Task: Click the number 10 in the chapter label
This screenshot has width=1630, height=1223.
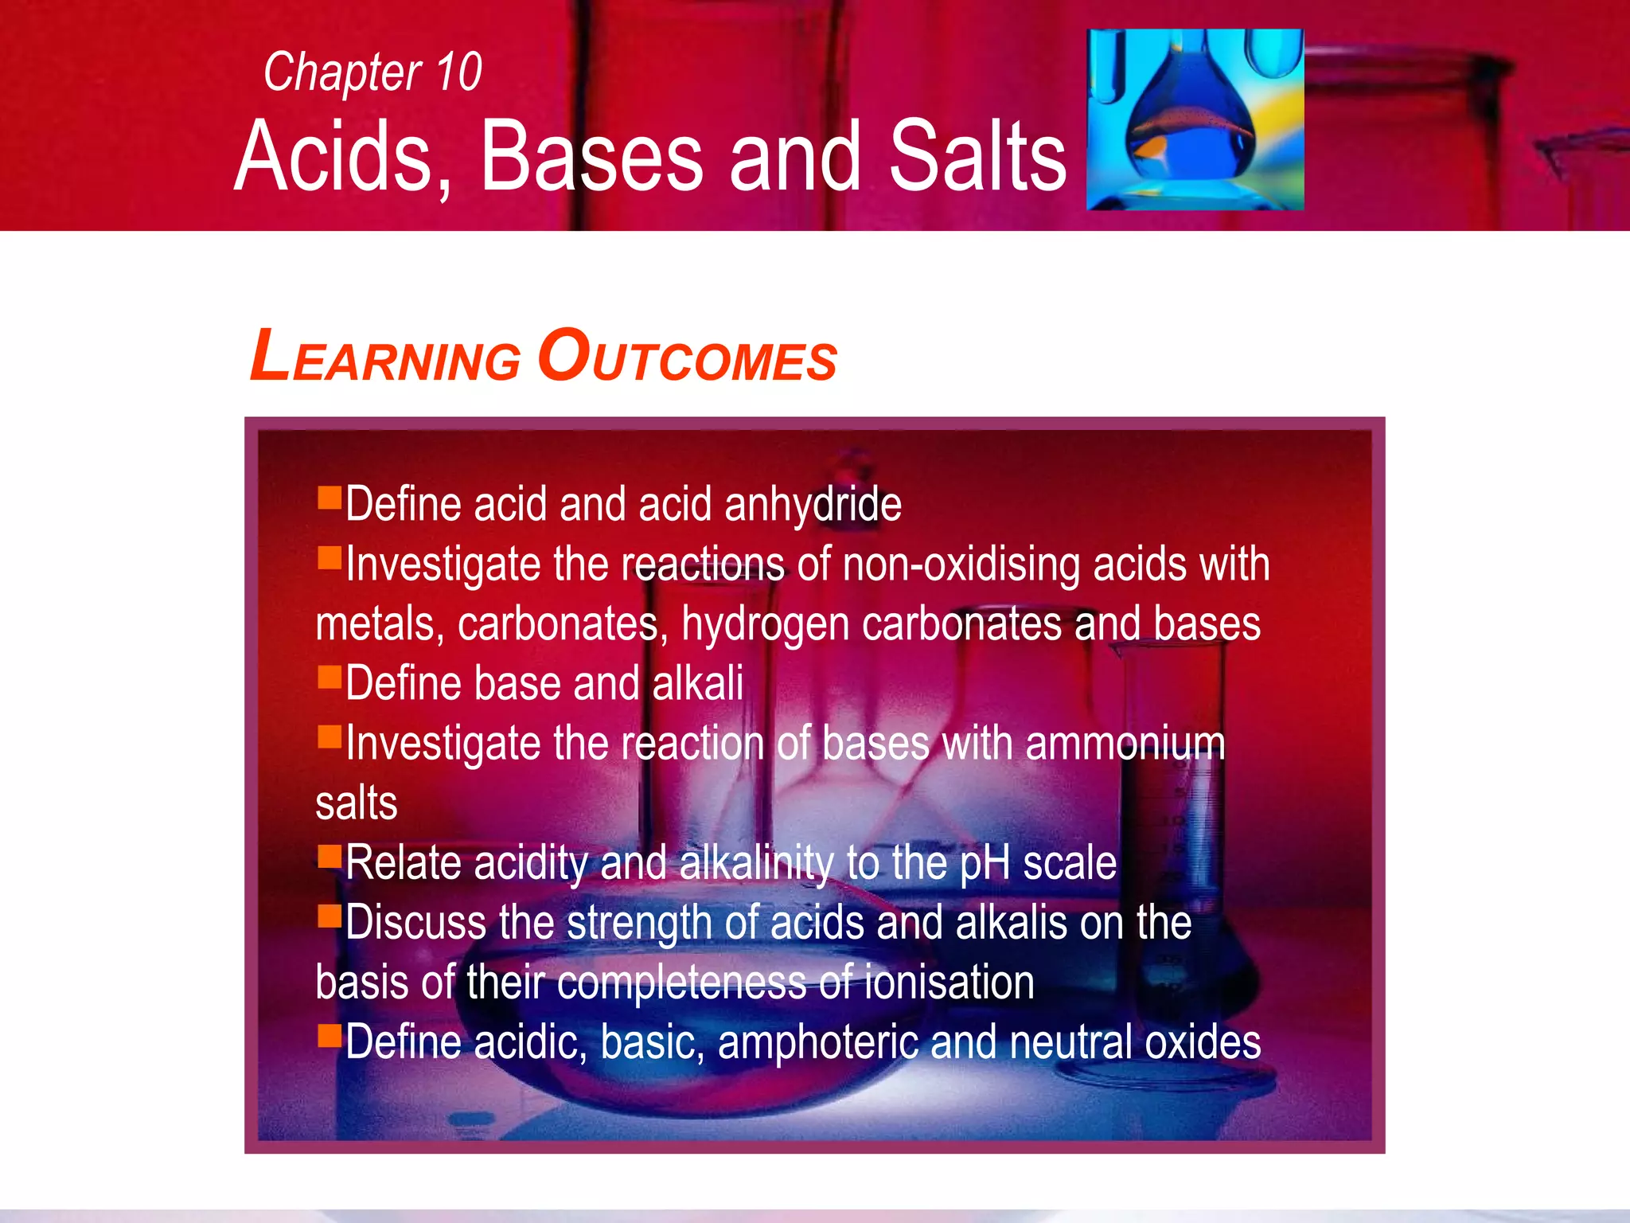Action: [458, 72]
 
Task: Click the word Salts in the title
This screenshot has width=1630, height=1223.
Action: [977, 156]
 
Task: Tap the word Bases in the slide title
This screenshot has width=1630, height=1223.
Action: [592, 156]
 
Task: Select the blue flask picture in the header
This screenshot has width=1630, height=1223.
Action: [1195, 119]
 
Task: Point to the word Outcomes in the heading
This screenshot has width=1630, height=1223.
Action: [687, 358]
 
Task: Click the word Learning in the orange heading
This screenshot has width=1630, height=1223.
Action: [385, 358]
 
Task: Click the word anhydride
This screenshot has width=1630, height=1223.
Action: [813, 505]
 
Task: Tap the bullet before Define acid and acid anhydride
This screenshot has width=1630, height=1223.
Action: [329, 498]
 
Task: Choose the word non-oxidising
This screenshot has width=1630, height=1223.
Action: [961, 565]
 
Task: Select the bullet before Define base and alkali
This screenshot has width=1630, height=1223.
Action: [329, 677]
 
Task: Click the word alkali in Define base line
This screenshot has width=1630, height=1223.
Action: [697, 683]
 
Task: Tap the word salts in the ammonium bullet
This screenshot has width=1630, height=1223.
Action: [356, 803]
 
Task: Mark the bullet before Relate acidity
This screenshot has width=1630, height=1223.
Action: [329, 856]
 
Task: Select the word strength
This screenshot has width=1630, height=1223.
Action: [639, 924]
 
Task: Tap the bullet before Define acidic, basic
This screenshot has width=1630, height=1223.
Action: [329, 1035]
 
